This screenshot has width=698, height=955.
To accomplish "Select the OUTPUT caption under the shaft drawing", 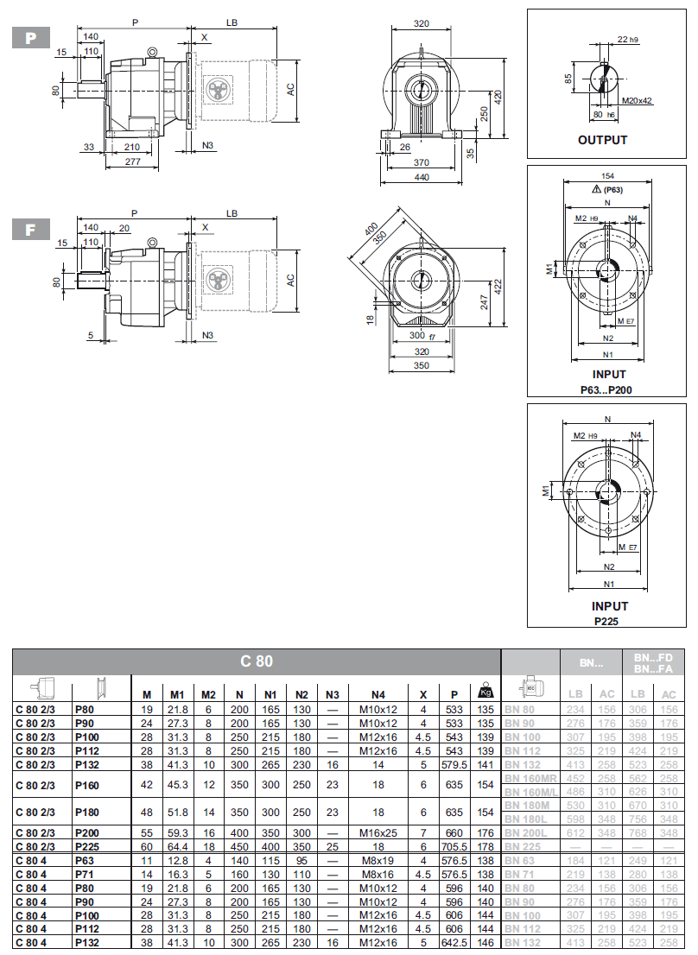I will pyautogui.click(x=602, y=140).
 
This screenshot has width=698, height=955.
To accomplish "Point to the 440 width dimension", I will pyautogui.click(x=421, y=176).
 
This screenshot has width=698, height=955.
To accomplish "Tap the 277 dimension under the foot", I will pyautogui.click(x=132, y=161).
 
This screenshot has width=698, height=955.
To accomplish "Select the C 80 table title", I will pyautogui.click(x=257, y=661).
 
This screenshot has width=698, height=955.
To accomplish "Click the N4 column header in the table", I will pyautogui.click(x=378, y=694).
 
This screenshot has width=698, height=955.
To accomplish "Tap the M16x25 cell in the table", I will pyautogui.click(x=378, y=834).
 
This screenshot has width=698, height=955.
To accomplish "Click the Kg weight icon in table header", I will pyautogui.click(x=485, y=693).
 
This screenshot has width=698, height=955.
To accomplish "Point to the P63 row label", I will pyautogui.click(x=84, y=860).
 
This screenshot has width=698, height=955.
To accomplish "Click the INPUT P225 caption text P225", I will pyautogui.click(x=609, y=621).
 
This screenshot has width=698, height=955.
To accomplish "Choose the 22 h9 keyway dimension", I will pyautogui.click(x=628, y=40).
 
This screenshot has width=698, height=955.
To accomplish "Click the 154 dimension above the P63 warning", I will pyautogui.click(x=608, y=175).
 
